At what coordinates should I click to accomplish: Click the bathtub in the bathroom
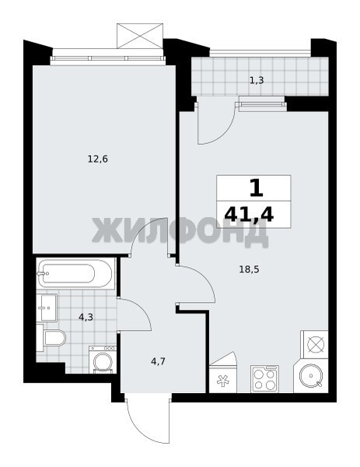75,273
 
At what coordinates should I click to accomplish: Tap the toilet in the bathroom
51,338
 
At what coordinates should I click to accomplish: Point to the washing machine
103,359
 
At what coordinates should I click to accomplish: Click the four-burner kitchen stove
264,378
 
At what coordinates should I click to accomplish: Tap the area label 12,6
98,160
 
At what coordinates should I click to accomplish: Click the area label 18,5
250,269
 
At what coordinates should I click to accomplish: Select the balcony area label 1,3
257,80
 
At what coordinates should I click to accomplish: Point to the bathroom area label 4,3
86,318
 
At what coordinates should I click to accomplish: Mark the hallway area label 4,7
158,362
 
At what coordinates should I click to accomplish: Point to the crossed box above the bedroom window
140,36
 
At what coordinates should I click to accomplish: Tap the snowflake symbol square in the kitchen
223,378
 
